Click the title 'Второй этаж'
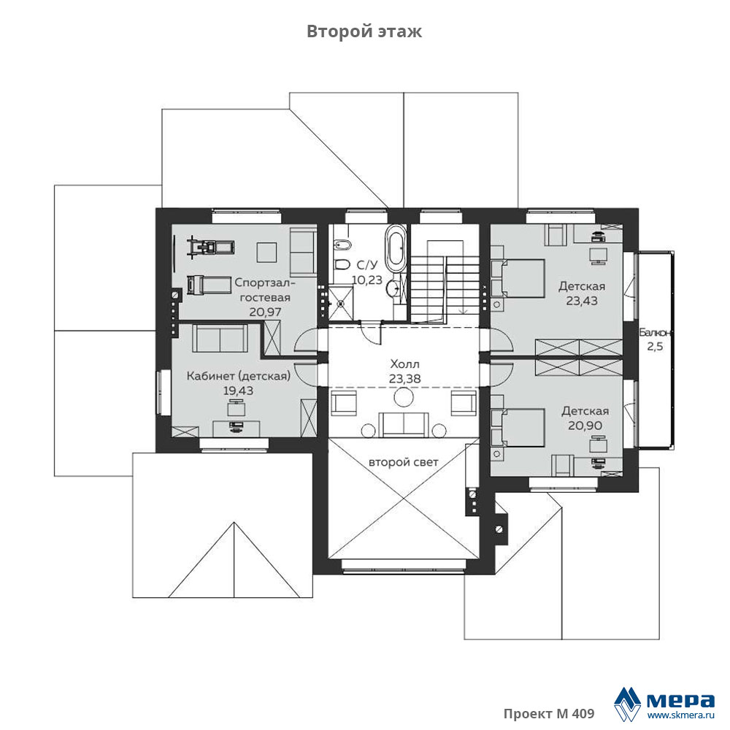coord(364,31)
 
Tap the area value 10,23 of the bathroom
coord(367,280)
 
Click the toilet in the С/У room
coord(342,264)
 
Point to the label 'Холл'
coord(404,364)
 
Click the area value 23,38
coord(404,379)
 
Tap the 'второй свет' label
coord(403,462)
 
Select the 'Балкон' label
coord(655,333)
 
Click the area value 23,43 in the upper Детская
coord(582,301)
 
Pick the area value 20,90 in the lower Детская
coord(585,425)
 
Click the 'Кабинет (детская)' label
coord(239,376)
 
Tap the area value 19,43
coord(239,391)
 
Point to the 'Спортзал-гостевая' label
coord(266,290)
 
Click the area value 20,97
coord(266,312)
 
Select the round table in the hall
coord(404,396)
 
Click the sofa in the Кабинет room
coord(219,339)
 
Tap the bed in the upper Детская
coord(518,278)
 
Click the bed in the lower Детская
coord(518,427)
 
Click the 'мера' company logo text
coord(680,700)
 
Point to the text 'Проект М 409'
coord(549,714)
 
